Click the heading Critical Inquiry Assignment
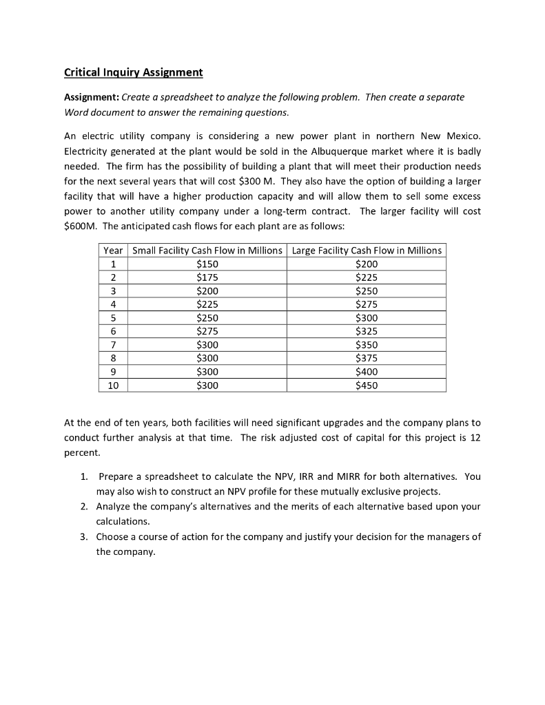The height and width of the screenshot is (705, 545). coord(133,72)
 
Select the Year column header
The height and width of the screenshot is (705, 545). coord(113,251)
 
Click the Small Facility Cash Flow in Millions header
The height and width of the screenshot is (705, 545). coord(207,251)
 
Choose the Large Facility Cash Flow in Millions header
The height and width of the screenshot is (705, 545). coord(367,251)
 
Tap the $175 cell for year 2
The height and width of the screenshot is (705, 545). coord(207,277)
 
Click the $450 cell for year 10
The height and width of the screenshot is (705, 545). coord(367,386)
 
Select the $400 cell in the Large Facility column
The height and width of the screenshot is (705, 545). coord(367,372)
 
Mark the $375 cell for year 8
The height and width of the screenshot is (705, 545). coord(367,359)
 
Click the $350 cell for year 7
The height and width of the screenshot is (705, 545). coord(367,345)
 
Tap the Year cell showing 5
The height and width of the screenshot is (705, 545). coord(113,318)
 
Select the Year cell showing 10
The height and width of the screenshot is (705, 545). coord(113,386)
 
